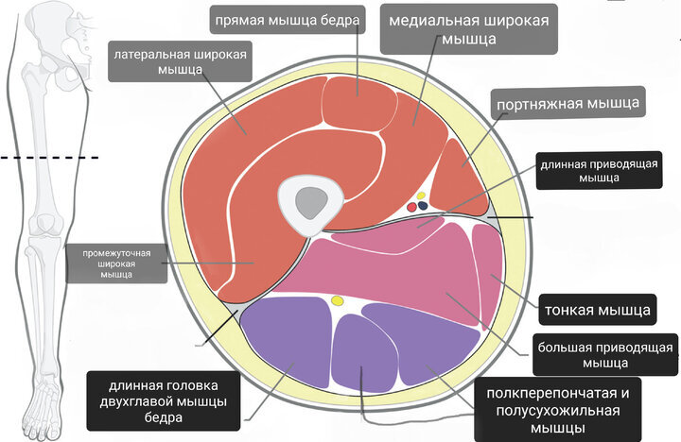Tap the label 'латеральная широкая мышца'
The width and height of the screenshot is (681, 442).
[x=181, y=62]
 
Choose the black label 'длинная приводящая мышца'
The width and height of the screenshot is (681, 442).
[x=579, y=170]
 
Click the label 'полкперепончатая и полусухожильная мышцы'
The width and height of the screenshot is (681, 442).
[x=551, y=408]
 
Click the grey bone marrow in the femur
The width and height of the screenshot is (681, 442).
[x=308, y=200]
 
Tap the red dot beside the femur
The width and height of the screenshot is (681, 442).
[x=410, y=205]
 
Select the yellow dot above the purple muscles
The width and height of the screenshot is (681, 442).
[x=337, y=302]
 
